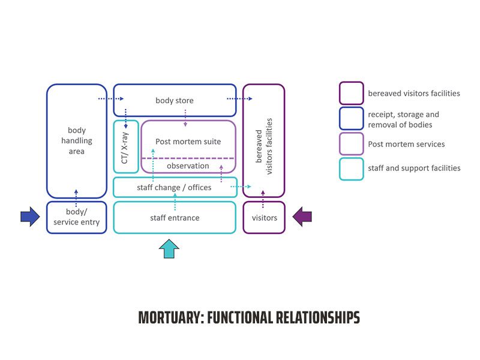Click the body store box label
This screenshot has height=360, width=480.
click(x=175, y=101)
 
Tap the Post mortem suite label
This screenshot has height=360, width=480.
click(x=188, y=142)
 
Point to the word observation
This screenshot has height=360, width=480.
click(x=188, y=166)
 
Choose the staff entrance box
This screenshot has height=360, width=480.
click(x=175, y=217)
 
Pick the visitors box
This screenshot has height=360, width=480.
click(x=264, y=217)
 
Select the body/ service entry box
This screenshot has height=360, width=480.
click(x=77, y=217)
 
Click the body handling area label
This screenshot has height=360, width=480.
click(x=77, y=141)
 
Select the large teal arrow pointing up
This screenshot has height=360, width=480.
click(x=170, y=248)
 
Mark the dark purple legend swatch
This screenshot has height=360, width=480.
click(x=351, y=94)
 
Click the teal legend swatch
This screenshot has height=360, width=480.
click(x=351, y=169)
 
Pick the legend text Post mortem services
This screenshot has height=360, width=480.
click(x=406, y=144)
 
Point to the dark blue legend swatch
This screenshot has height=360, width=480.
click(x=351, y=119)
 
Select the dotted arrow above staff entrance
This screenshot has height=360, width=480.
click(x=175, y=203)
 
